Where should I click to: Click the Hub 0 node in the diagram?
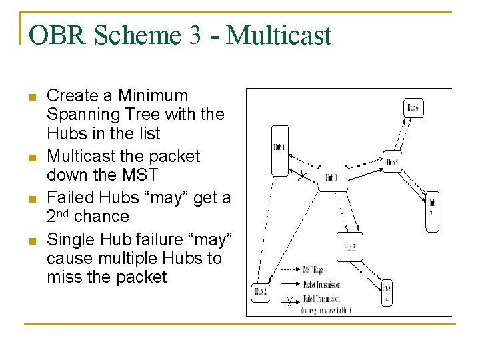(331, 177)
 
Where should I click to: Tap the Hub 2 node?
(261, 291)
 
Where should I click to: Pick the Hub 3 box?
(350, 247)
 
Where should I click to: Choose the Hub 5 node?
(393, 161)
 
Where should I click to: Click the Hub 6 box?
(415, 108)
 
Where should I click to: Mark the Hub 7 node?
(433, 211)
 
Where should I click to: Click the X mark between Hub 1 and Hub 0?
(302, 177)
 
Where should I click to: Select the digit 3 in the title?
(195, 35)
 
